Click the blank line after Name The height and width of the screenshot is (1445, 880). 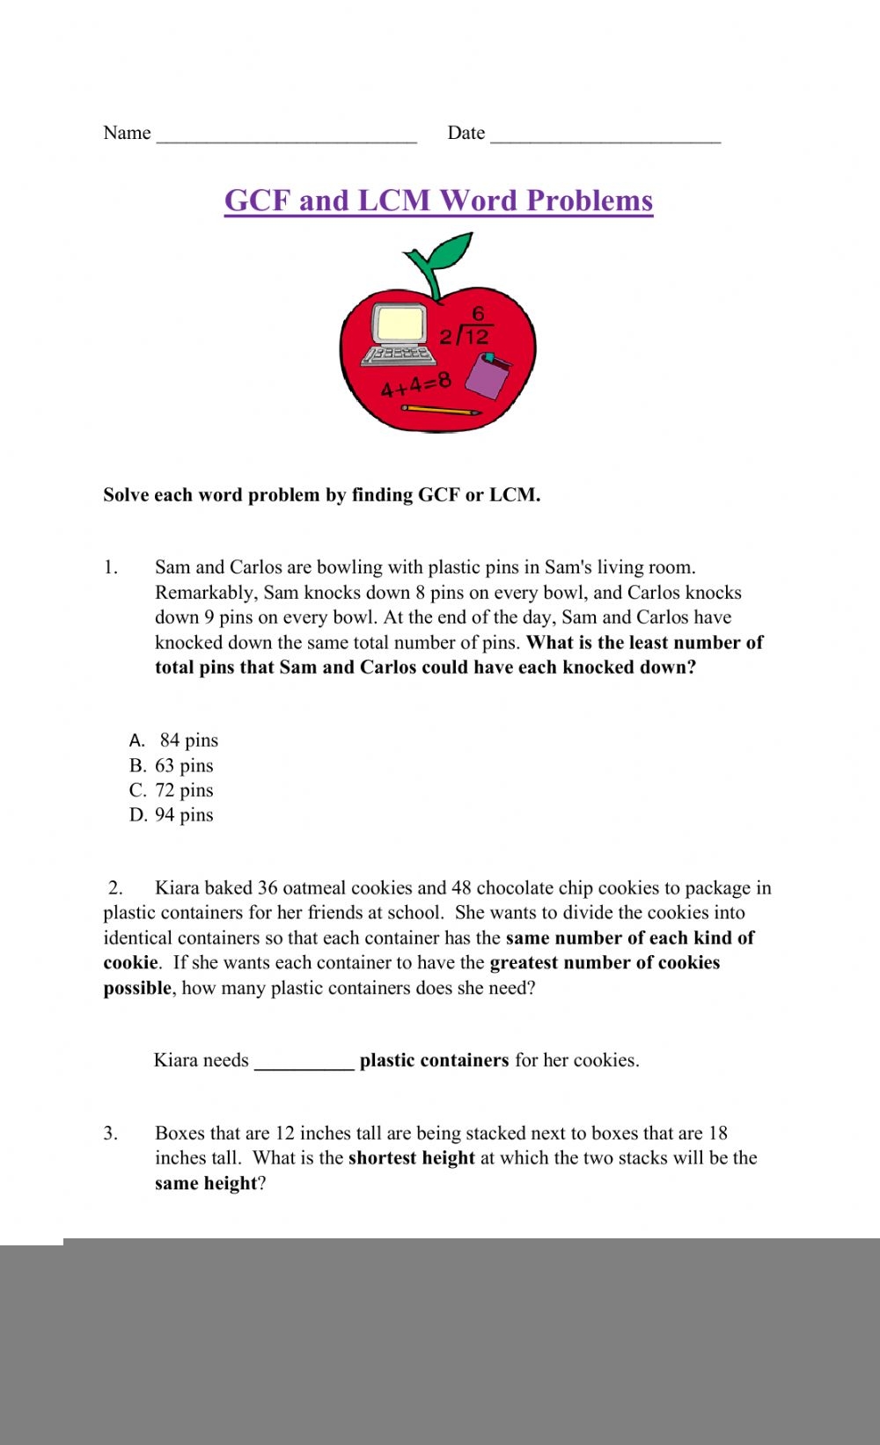pos(286,135)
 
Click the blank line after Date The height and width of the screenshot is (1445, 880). pos(605,135)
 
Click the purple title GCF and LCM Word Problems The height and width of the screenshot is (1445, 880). pos(438,201)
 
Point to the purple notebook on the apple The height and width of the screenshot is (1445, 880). pos(488,375)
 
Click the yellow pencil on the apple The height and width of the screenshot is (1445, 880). pos(441,410)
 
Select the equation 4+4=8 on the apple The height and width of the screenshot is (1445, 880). pos(415,383)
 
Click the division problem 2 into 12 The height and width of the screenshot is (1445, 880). pos(466,329)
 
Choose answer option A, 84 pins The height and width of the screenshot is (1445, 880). pos(174,741)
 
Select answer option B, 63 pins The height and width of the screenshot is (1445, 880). pos(172,765)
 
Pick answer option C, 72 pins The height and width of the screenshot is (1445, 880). pos(172,790)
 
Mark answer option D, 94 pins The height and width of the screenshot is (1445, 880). pos(172,814)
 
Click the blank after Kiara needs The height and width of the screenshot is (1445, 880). pos(304,1062)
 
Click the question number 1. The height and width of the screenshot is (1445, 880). pos(110,567)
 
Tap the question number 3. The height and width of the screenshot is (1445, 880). pos(110,1133)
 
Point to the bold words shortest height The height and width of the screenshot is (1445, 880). pos(411,1157)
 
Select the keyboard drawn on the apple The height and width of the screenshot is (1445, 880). pos(399,355)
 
